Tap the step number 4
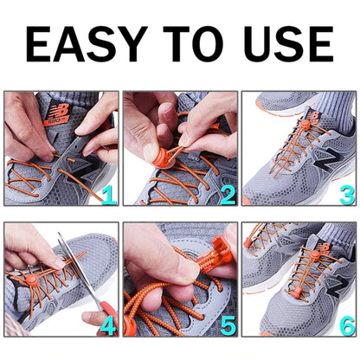pos(108,325)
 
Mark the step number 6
pos(345,325)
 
